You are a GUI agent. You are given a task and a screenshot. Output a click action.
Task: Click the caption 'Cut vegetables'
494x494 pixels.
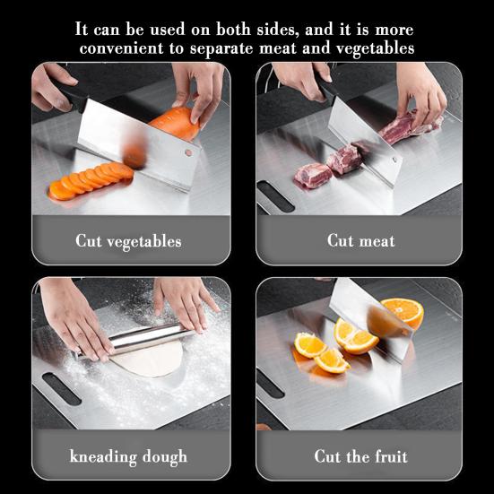(x=128, y=241)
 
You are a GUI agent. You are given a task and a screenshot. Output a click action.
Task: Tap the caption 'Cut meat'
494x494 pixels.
(x=360, y=240)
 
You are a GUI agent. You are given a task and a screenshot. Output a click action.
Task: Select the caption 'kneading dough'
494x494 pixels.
(x=128, y=456)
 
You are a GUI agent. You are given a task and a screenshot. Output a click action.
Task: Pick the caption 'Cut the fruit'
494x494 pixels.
(x=360, y=456)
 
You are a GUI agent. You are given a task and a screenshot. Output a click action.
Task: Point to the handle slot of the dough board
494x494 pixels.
(x=61, y=387)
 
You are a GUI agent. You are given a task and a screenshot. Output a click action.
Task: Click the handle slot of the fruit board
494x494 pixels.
(x=270, y=383)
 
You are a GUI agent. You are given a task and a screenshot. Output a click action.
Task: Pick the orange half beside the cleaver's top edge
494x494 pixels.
(x=403, y=312)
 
